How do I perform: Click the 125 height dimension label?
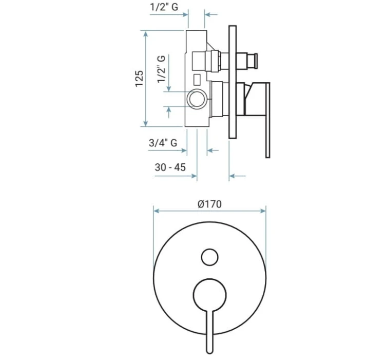click(139, 79)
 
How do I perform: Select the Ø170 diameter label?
click(209, 204)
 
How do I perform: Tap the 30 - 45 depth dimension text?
click(170, 167)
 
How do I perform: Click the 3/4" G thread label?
click(163, 143)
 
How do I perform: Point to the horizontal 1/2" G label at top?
click(164, 7)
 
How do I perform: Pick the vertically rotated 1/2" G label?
click(161, 69)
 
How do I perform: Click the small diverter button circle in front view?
click(209, 257)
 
